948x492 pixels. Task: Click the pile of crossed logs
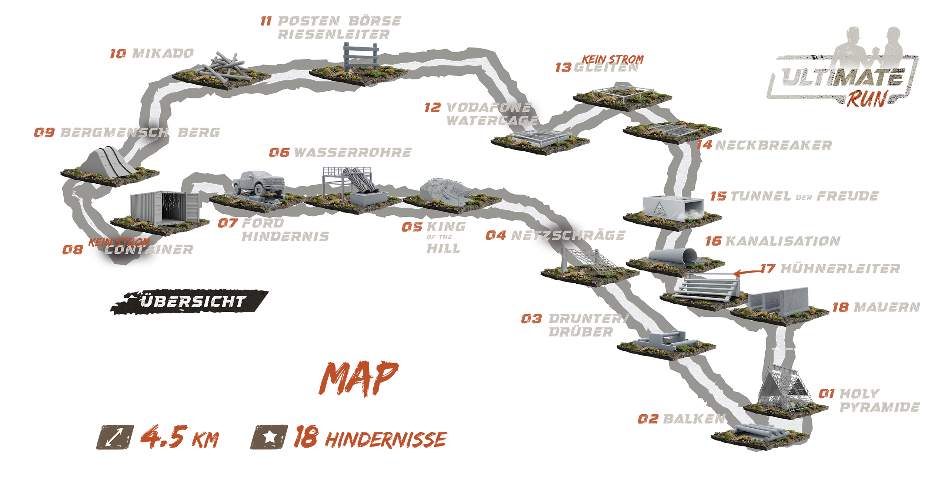[222, 67]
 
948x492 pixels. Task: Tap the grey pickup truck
[257, 183]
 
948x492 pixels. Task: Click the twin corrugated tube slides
[361, 181]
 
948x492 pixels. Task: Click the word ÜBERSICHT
[193, 301]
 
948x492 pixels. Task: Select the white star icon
[270, 437]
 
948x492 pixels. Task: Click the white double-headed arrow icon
[114, 437]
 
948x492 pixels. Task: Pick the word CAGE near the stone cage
[518, 120]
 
